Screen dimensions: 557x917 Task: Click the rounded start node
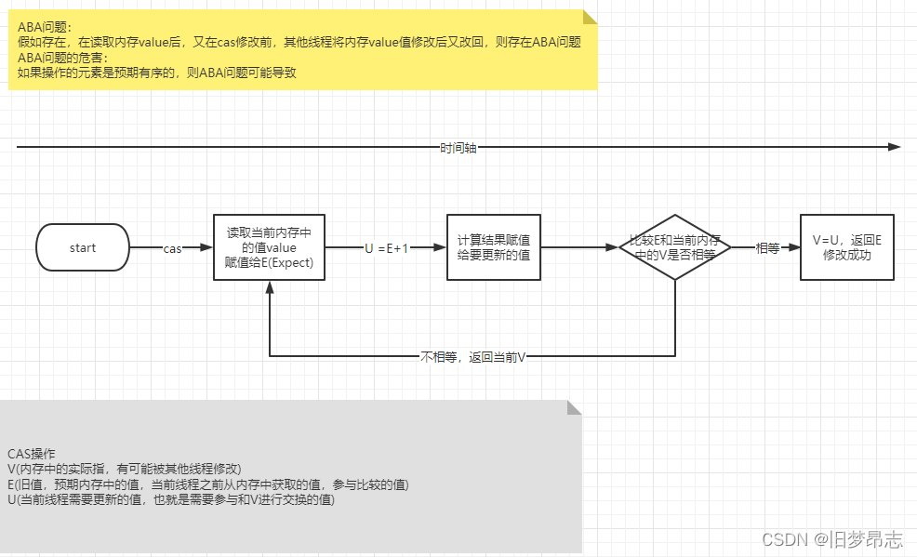[x=83, y=247]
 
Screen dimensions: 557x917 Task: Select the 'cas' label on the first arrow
[x=173, y=248]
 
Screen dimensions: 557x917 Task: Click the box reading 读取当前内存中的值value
[x=269, y=247]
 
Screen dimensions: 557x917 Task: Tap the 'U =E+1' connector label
[x=385, y=248]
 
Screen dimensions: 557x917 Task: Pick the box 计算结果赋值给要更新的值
[x=494, y=247]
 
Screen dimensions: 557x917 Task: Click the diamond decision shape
[x=674, y=247]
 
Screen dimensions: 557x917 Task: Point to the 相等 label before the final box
[x=767, y=248]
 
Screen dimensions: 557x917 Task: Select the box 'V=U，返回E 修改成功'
[x=846, y=247]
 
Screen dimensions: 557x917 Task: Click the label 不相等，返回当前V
[x=473, y=357]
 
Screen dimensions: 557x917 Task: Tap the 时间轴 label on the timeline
[x=458, y=148]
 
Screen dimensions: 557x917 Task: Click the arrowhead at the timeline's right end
[x=895, y=147]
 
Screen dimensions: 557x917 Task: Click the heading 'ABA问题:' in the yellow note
[x=44, y=27]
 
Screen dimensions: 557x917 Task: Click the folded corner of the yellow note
[x=590, y=18]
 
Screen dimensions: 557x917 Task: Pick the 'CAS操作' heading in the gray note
[x=32, y=454]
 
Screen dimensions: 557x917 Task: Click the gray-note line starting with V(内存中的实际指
[x=124, y=469]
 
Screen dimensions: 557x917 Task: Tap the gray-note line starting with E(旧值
[x=207, y=484]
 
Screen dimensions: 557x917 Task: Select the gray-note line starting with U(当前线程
[x=170, y=499]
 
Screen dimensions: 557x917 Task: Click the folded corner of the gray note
[x=574, y=407]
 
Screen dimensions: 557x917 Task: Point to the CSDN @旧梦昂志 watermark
[x=832, y=539]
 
